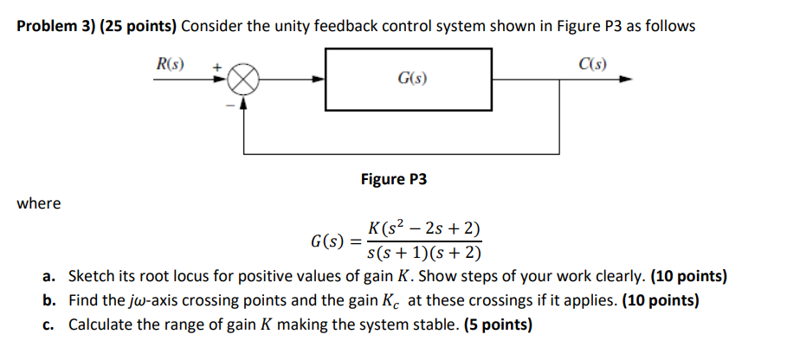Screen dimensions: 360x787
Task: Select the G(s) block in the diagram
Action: click(409, 80)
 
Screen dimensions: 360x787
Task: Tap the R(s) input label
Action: click(170, 63)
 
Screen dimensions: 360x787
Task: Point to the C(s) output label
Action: click(593, 63)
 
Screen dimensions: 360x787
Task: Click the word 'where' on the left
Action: click(39, 203)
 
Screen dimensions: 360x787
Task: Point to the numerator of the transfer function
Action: click(423, 230)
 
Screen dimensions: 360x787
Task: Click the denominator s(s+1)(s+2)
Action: click(423, 254)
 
